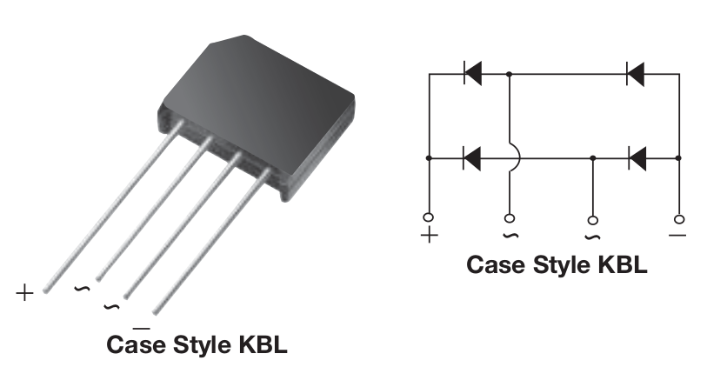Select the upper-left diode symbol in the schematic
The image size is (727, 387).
[473, 74]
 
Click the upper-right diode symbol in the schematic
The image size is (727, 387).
[636, 74]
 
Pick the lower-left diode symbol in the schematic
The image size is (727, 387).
[473, 158]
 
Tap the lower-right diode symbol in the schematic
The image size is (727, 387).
[636, 158]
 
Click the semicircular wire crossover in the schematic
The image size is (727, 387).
[515, 158]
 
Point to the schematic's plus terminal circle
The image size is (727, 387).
[429, 217]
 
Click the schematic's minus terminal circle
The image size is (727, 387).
[678, 217]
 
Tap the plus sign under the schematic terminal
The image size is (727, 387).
[429, 236]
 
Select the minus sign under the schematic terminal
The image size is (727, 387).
[678, 236]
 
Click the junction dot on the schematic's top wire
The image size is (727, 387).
[510, 74]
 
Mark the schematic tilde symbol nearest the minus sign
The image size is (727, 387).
[592, 236]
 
